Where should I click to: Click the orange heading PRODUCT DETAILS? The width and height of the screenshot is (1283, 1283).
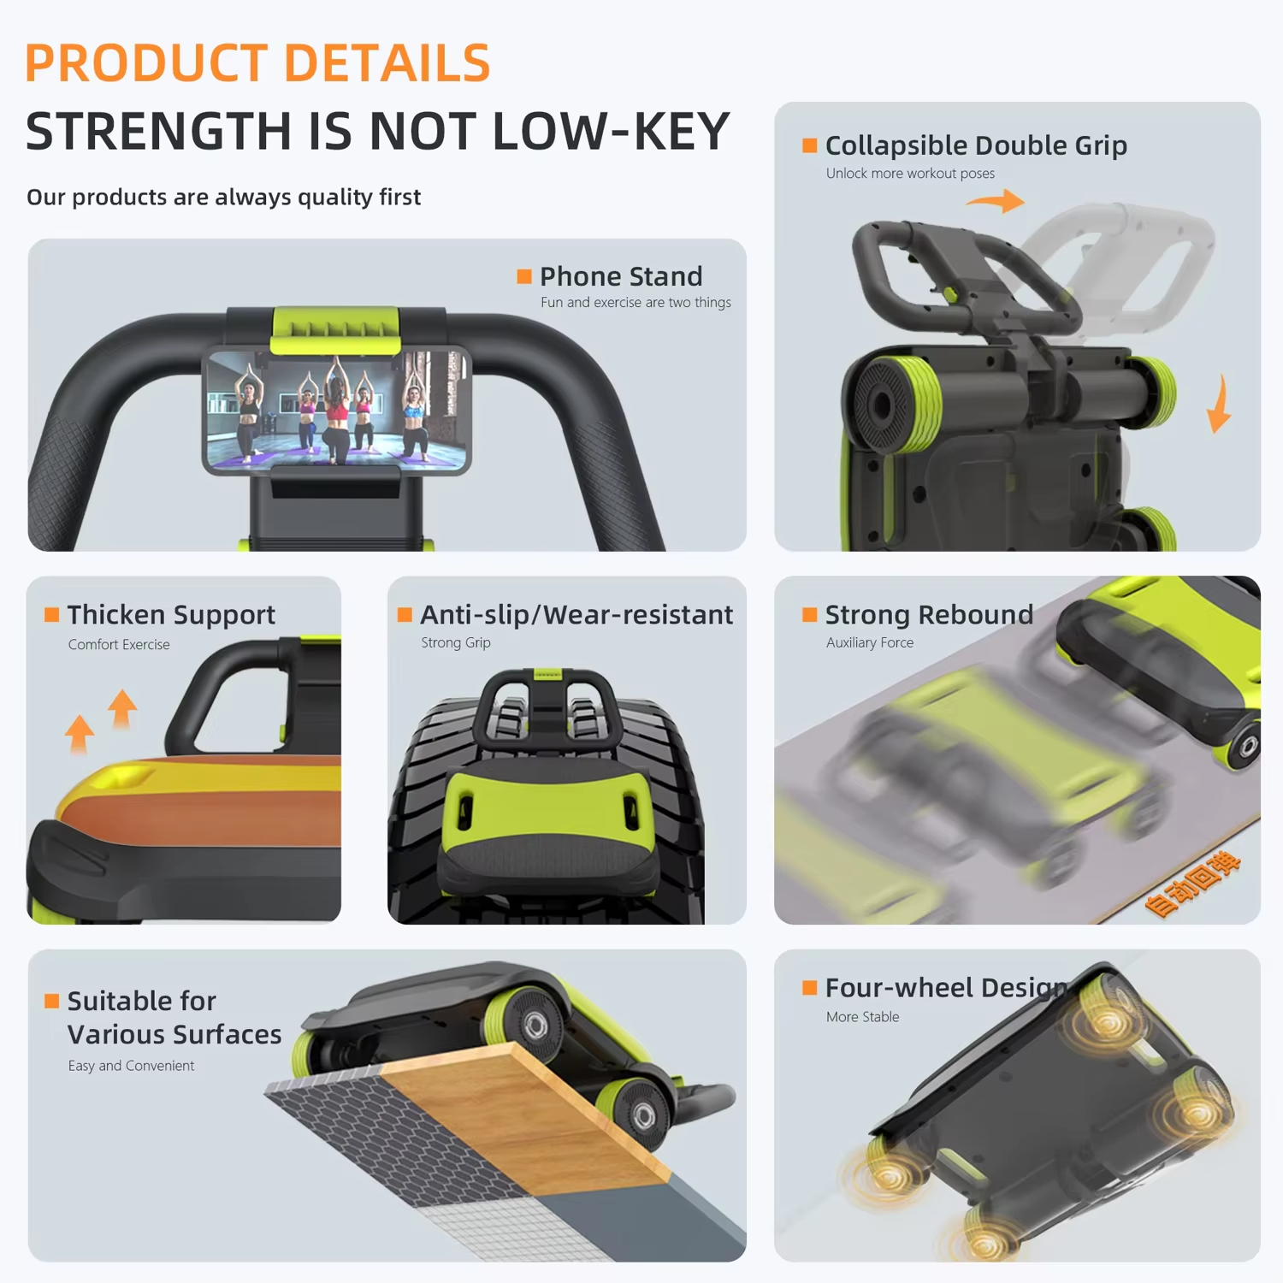click(x=257, y=63)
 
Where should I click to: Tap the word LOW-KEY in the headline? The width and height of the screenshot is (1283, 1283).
click(x=611, y=132)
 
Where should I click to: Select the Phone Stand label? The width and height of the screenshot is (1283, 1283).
click(x=621, y=276)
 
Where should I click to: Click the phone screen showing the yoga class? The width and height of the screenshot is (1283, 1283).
click(x=336, y=409)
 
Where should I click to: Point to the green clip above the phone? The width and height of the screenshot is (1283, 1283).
click(x=335, y=329)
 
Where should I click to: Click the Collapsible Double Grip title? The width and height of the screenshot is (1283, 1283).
click(x=975, y=145)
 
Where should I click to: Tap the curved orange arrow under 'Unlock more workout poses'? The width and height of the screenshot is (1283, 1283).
click(x=996, y=202)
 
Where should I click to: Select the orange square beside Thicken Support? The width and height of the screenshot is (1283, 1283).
click(x=52, y=614)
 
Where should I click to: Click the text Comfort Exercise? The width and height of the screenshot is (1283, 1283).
click(x=119, y=644)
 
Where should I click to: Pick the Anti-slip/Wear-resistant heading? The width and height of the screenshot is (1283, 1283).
click(x=576, y=614)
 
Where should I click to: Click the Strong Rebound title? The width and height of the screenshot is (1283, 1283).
click(x=929, y=614)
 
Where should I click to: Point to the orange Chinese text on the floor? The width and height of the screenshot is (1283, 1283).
click(x=1192, y=884)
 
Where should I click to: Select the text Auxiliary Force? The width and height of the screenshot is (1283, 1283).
click(x=869, y=642)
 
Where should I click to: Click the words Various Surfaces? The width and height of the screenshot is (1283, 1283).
click(x=174, y=1034)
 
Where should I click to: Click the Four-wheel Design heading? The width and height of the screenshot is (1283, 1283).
click(x=945, y=988)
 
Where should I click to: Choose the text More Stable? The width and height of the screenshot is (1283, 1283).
click(x=862, y=1017)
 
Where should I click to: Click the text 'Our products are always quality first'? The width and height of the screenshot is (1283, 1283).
click(x=223, y=198)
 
